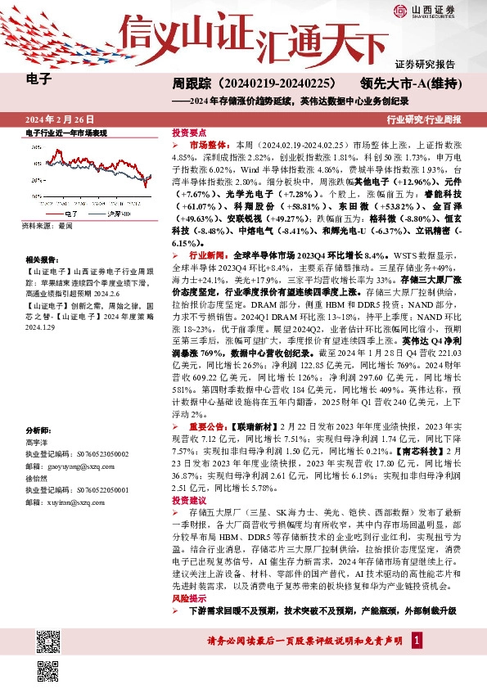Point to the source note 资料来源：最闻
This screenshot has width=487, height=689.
point(47,224)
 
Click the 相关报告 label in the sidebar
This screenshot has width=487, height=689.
point(40,257)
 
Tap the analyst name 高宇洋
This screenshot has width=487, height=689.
point(38,440)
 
